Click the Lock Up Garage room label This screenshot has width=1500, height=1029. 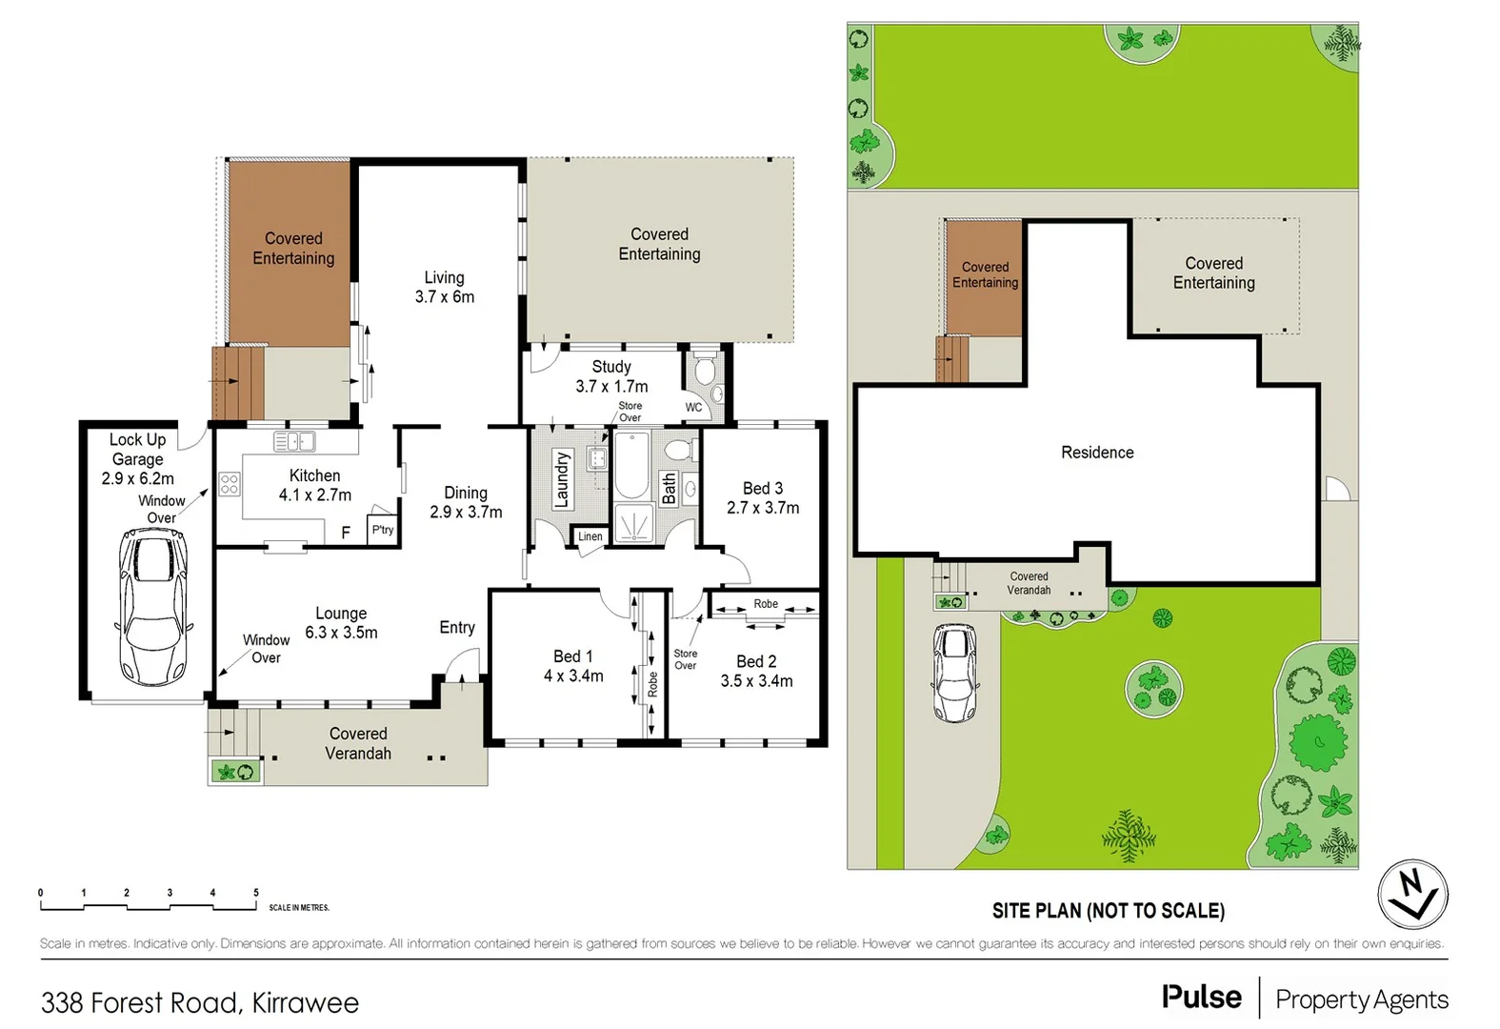coord(137,458)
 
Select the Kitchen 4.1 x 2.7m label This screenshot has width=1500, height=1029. coord(314,485)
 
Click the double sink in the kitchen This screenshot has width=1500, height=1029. coord(294,441)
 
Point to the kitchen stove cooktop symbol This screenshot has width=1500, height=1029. coord(230,484)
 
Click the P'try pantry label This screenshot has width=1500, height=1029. coord(383,530)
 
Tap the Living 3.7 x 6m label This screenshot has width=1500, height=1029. coord(444,287)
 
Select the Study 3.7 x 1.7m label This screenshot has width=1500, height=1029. coord(611,376)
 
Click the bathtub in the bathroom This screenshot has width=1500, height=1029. coord(631,466)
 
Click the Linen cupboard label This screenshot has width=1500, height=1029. coord(590,536)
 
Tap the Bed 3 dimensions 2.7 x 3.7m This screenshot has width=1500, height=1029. coord(763,508)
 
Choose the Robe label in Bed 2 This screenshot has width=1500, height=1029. coord(766,604)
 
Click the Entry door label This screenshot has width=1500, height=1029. coord(457,627)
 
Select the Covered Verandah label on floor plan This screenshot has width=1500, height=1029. coord(358,743)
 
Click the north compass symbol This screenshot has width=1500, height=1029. coord(1412,895)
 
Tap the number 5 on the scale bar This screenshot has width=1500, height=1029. coord(255,893)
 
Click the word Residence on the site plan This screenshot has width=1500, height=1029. coord(1097,453)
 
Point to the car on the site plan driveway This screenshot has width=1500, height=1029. coord(953,673)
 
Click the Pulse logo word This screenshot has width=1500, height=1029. coord(1201,998)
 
